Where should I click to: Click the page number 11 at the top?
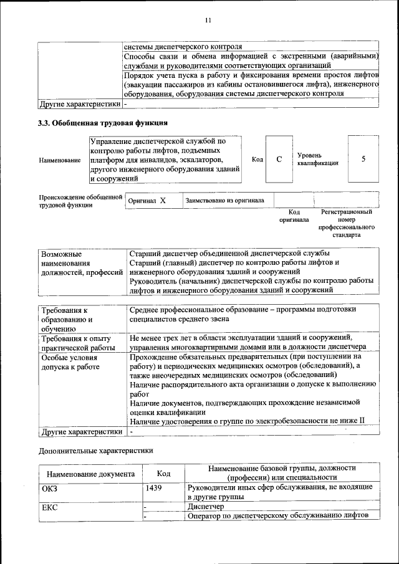point(208,20)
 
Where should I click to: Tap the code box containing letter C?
point(279,160)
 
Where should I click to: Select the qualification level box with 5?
point(363,159)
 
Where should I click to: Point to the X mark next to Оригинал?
point(163,201)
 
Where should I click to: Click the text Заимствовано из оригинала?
point(224,201)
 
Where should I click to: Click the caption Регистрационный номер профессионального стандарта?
point(347,224)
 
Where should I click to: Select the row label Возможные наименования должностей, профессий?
point(82,264)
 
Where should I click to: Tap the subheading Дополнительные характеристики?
point(95,449)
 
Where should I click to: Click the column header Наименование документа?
point(90,474)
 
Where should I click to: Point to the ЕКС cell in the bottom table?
point(49,507)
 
